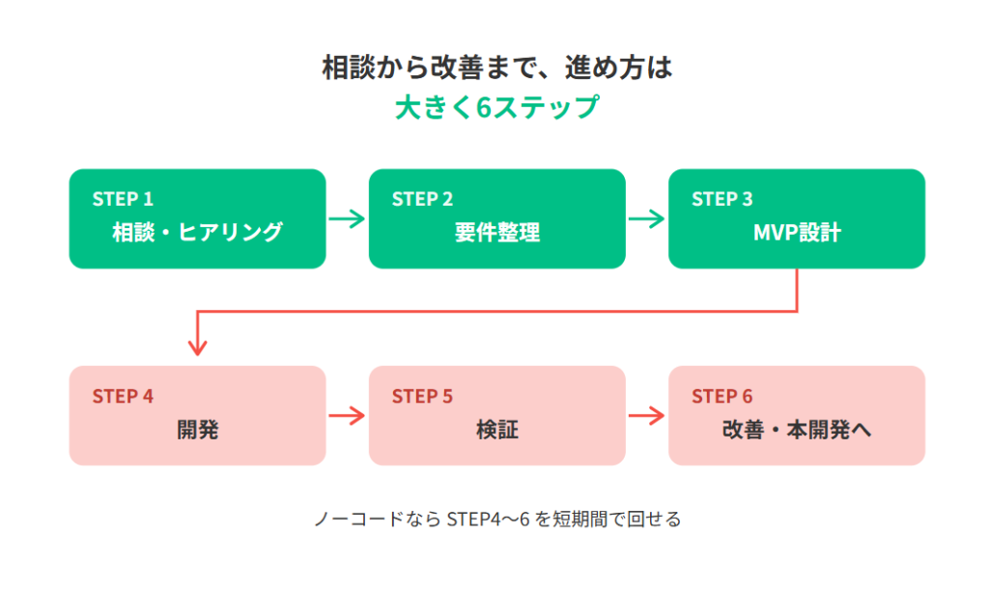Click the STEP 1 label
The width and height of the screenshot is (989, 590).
123,199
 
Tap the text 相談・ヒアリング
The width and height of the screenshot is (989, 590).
197,232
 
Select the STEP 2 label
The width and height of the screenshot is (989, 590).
423,199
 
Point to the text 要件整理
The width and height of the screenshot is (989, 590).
497,233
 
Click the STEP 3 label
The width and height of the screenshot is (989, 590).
722,199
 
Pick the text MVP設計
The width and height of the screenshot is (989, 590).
797,233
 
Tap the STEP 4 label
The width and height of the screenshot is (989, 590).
123,397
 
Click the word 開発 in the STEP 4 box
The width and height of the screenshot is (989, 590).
197,430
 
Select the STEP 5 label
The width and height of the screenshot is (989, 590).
423,397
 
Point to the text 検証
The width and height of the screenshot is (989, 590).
497,430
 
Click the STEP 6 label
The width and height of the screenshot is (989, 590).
722,397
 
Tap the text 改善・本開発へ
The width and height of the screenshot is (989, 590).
797,430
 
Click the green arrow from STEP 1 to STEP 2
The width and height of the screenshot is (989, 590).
347,219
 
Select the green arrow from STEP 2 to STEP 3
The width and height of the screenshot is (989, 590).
646,219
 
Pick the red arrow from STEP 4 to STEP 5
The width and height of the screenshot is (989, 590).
347,416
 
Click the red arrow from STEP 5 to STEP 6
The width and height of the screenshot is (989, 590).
646,416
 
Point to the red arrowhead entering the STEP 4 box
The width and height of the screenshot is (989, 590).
197,348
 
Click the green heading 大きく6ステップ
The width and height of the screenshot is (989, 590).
497,107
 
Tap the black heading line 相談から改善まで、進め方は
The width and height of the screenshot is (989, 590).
497,68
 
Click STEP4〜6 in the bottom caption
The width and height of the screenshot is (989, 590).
488,520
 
